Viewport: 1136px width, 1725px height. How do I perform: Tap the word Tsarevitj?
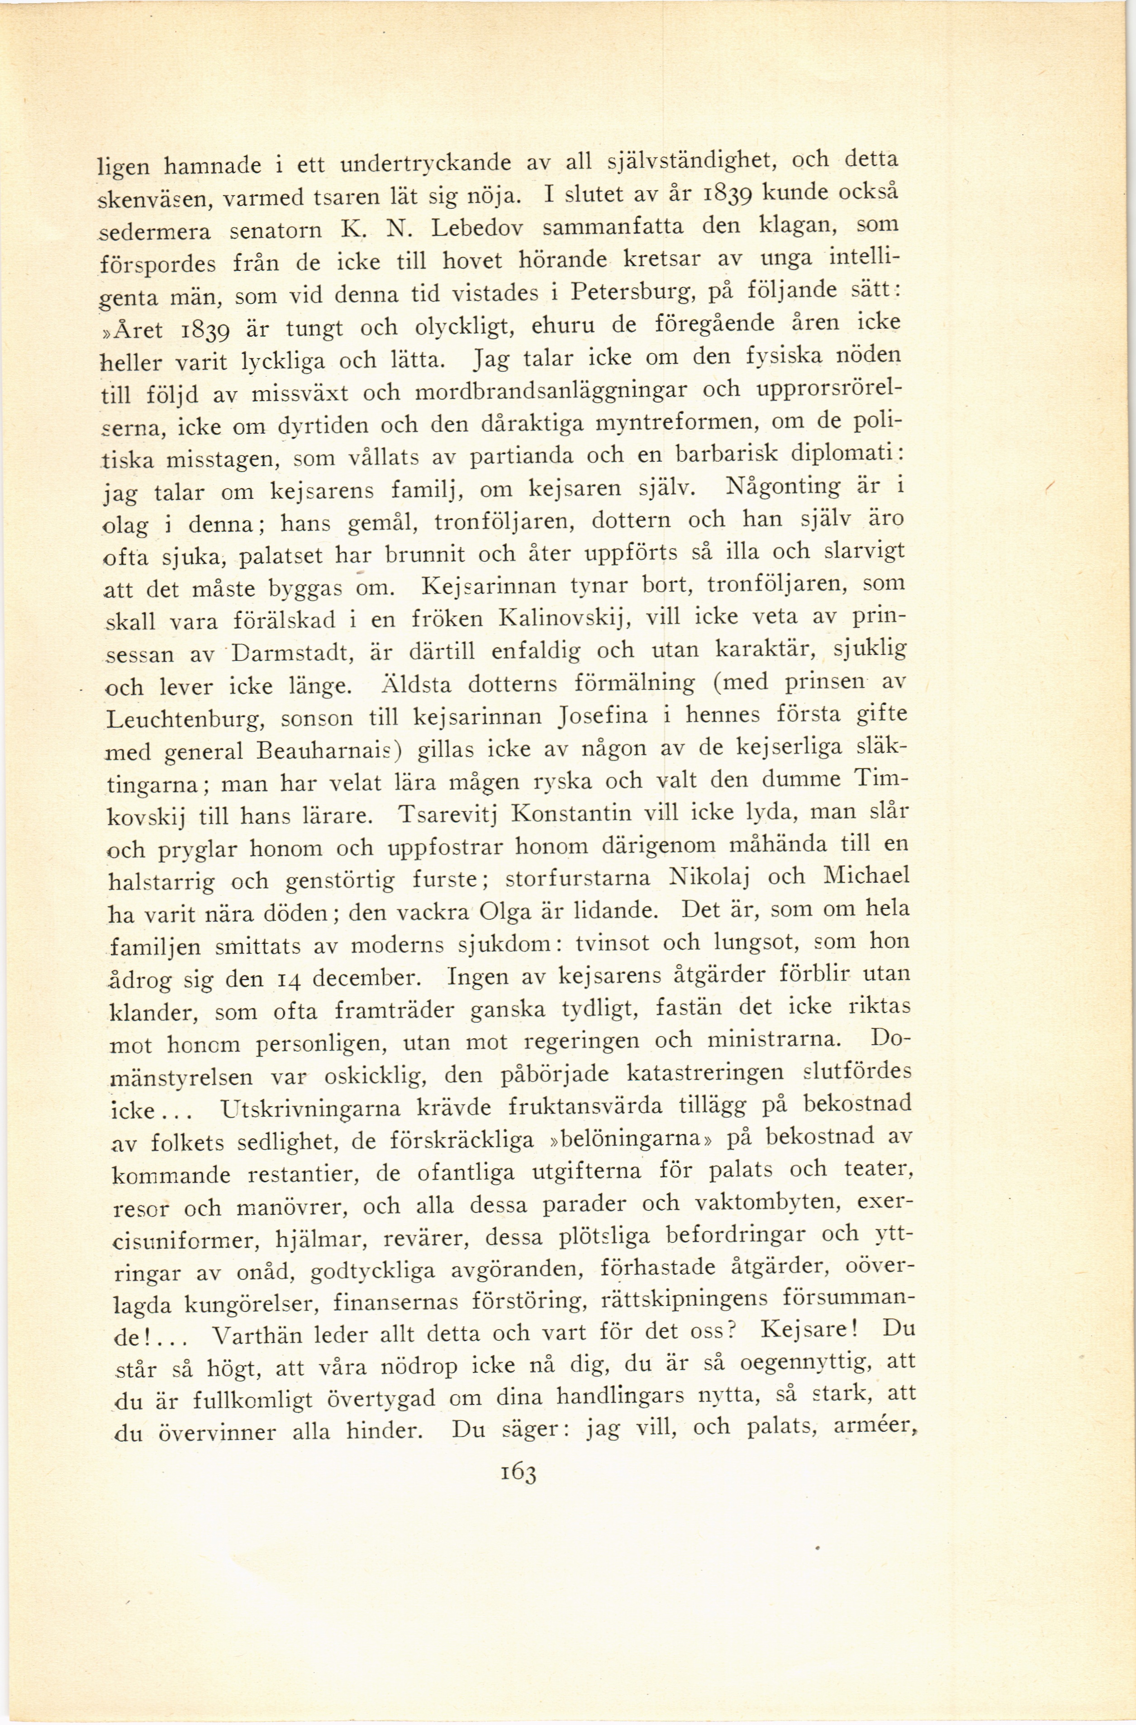click(446, 815)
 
